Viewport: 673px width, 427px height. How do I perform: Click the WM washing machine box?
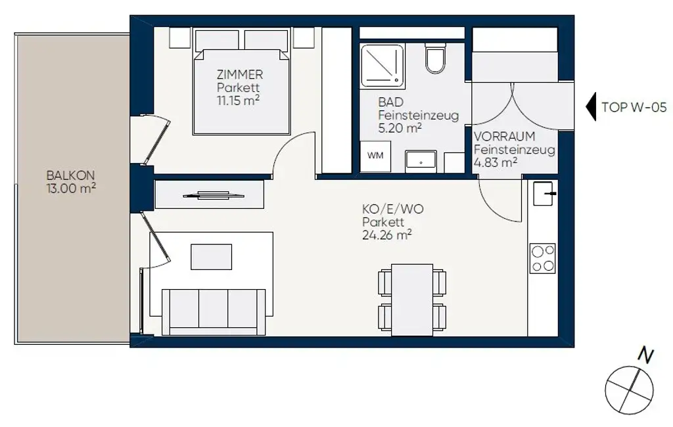pyautogui.click(x=375, y=156)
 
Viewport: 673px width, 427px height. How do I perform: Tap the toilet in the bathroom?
pyautogui.click(x=435, y=59)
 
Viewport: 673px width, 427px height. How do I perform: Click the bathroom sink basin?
pyautogui.click(x=420, y=160)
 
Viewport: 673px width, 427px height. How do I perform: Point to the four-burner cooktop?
pyautogui.click(x=543, y=258)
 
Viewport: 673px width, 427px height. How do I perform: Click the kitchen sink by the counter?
pyautogui.click(x=545, y=194)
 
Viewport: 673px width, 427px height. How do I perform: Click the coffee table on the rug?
pyautogui.click(x=212, y=256)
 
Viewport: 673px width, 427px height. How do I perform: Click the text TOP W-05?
pyautogui.click(x=630, y=108)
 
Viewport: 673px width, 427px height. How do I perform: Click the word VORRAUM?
pyautogui.click(x=505, y=137)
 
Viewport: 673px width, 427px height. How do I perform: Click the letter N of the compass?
pyautogui.click(x=646, y=356)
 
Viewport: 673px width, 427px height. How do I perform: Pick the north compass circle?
pyautogui.click(x=628, y=390)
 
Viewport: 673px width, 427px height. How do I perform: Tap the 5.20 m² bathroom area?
pyautogui.click(x=400, y=128)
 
